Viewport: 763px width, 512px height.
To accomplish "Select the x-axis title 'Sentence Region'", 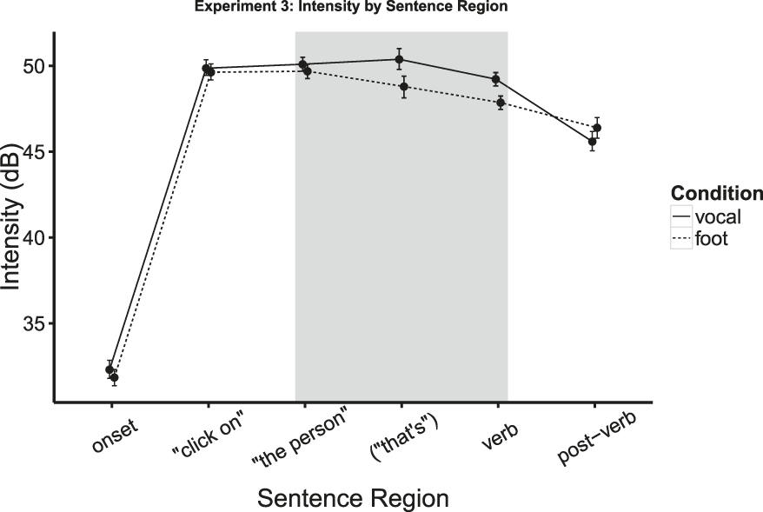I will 352,498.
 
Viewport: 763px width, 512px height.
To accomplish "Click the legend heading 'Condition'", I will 716,193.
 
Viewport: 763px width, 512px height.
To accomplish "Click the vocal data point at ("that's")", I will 399,60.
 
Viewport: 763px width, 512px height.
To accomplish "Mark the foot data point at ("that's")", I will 404,87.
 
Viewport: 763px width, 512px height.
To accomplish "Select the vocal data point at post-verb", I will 593,142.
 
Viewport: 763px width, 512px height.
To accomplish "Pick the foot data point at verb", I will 501,103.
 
